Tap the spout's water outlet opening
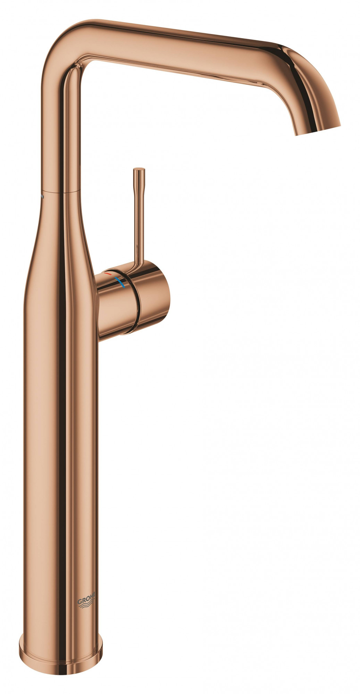[x=317, y=130]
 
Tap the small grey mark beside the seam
[x=42, y=196]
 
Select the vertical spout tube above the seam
[x=62, y=132]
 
